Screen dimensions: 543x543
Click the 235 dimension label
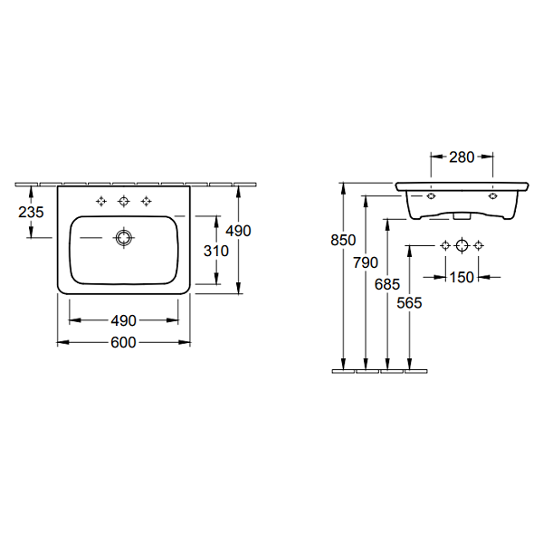pos(31,212)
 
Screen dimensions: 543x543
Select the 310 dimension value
pos(216,251)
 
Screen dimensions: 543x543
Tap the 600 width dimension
pos(123,342)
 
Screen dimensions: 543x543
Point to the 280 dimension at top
pos(462,157)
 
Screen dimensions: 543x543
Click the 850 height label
pos(343,240)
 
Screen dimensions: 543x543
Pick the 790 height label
pos(366,262)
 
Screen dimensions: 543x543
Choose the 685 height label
pos(387,284)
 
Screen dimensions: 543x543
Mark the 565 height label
pos(409,303)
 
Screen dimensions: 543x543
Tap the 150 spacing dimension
pos(462,277)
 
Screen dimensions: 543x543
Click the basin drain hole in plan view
pos(123,238)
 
